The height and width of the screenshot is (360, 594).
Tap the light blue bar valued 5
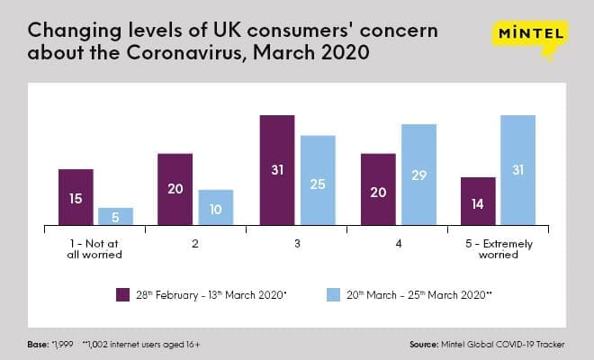click(x=115, y=216)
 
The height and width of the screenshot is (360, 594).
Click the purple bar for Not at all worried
click(x=76, y=196)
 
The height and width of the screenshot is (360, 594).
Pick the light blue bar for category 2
click(x=215, y=207)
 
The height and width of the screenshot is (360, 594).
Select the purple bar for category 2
click(x=175, y=189)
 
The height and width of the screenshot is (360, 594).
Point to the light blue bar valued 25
click(x=318, y=180)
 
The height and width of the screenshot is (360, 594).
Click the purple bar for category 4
click(x=378, y=189)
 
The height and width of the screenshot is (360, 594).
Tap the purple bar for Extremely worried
click(x=478, y=201)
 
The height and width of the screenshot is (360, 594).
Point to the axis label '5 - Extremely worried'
click(x=498, y=248)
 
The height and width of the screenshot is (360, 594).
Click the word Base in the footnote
click(x=39, y=343)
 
